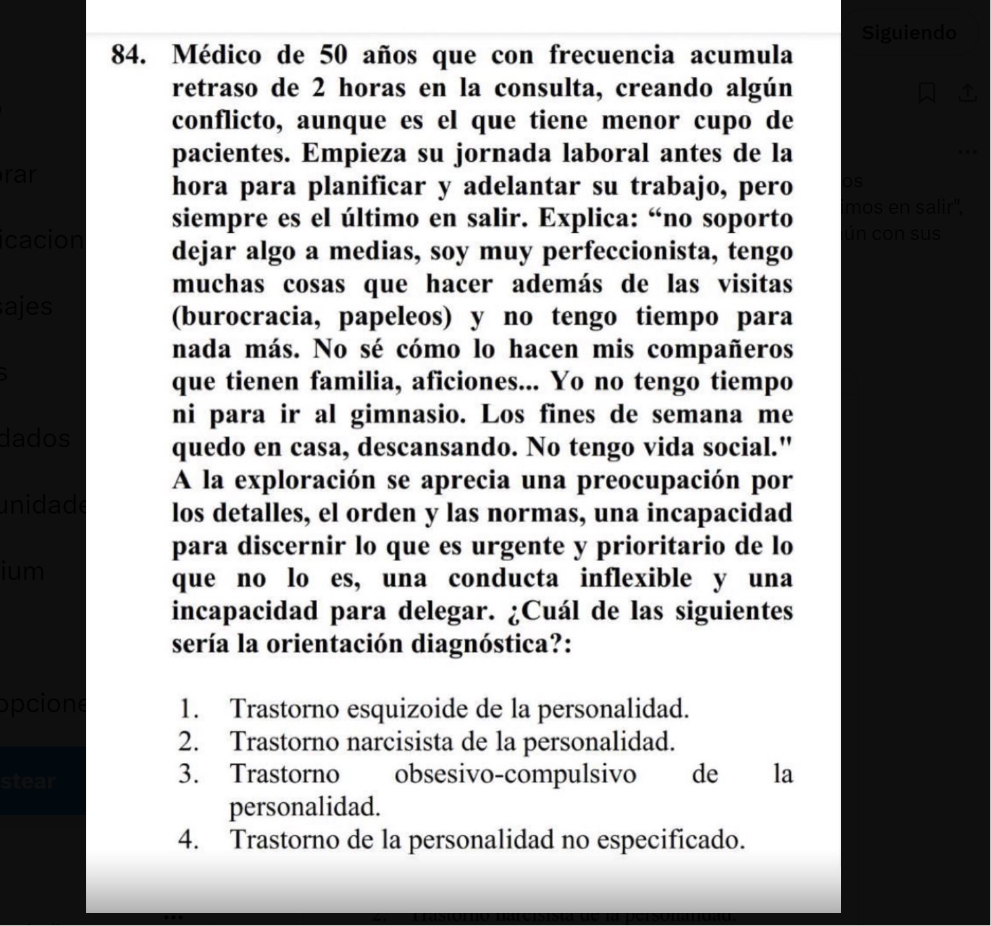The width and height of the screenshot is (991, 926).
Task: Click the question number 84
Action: [128, 55]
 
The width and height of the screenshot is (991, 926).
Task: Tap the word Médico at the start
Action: [216, 55]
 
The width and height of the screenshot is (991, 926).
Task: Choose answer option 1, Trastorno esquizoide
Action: [459, 709]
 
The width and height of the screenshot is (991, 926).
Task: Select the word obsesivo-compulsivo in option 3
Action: [515, 774]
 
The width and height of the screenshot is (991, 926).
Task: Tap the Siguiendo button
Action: [909, 33]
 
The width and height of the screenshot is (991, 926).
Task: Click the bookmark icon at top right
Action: [927, 93]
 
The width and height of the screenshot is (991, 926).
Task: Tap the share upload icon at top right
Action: [967, 93]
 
